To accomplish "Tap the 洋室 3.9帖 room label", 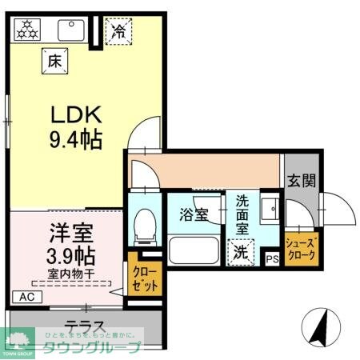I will pyautogui.click(x=66, y=246).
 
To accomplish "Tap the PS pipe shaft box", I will pyautogui.click(x=273, y=258).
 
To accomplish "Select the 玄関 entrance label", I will pyautogui.click(x=302, y=181).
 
